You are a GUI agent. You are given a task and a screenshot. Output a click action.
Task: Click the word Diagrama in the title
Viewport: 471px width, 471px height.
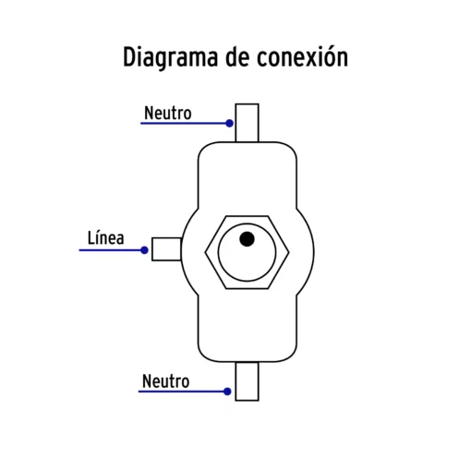[170, 58]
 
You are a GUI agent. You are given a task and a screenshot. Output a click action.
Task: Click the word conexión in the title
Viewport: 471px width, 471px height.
[303, 56]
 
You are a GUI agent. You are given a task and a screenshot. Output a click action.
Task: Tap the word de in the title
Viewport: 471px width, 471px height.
[237, 57]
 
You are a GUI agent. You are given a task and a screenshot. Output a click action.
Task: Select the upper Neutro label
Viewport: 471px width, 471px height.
[168, 113]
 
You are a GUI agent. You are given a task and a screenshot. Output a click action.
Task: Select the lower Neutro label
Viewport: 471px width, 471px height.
[165, 381]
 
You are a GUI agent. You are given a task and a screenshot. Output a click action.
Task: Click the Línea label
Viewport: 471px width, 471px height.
[106, 238]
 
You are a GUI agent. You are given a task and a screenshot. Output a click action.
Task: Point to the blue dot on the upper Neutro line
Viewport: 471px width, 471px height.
[229, 123]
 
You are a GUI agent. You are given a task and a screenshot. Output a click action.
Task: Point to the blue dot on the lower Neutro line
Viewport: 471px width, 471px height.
[227, 392]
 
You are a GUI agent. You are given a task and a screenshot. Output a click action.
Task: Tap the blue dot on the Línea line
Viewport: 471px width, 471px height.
[144, 250]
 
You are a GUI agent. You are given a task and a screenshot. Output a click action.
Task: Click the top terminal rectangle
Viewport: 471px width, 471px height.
[247, 123]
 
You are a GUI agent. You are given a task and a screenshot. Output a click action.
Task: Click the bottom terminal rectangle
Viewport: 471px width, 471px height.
[247, 381]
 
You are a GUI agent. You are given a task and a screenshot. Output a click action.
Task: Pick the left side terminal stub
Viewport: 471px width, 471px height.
[166, 249]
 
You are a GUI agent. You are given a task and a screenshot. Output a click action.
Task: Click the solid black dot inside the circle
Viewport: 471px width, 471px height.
[247, 239]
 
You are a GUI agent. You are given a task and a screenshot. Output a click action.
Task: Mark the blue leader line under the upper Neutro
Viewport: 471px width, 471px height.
[184, 123]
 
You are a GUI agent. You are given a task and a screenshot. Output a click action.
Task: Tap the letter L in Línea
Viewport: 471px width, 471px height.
[91, 238]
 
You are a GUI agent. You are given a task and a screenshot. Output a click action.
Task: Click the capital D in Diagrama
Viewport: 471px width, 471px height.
[130, 57]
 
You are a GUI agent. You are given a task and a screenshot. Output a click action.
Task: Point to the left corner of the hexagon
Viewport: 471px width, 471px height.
[205, 252]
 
